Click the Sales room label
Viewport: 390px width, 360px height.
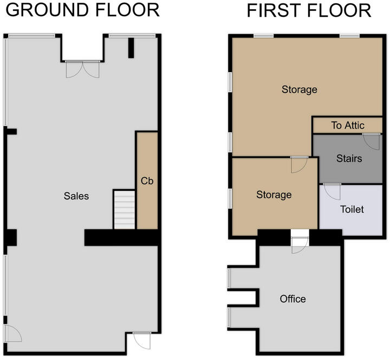pos(76,196)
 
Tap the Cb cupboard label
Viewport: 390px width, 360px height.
pos(147,181)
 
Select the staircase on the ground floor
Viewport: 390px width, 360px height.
pos(124,210)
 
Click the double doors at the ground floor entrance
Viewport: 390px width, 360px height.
pos(82,69)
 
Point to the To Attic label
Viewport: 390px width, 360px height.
pos(348,125)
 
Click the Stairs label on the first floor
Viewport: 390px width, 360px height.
pos(349,158)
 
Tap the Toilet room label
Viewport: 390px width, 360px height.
pos(352,209)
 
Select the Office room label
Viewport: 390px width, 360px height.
pos(292,299)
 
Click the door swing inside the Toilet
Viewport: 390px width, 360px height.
pos(332,192)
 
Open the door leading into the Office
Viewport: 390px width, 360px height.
pos(300,245)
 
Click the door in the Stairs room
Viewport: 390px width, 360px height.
pos(372,142)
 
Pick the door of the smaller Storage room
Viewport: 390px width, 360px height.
pos(299,165)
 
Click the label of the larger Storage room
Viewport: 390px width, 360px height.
pos(300,89)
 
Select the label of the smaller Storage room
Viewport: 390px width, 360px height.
pos(274,195)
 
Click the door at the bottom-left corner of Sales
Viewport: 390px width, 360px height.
pos(13,333)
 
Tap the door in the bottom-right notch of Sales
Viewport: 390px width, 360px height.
pos(142,340)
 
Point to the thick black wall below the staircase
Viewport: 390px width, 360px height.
pos(122,237)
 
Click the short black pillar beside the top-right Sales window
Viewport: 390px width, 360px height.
pos(131,48)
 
